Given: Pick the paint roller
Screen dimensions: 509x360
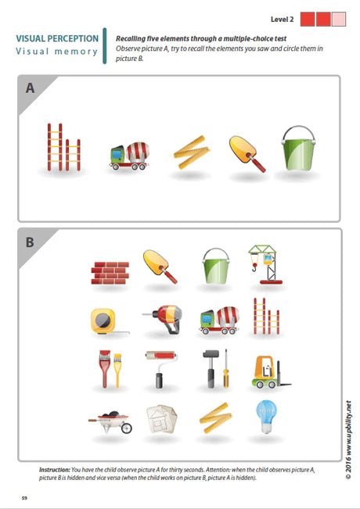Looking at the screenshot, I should tap(159, 368).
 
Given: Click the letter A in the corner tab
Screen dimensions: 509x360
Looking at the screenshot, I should tap(30, 88).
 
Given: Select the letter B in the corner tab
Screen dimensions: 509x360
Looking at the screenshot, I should tap(30, 242).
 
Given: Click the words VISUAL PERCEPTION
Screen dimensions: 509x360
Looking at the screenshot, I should tap(57, 38).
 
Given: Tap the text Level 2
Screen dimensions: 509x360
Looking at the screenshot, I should tap(283, 17).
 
